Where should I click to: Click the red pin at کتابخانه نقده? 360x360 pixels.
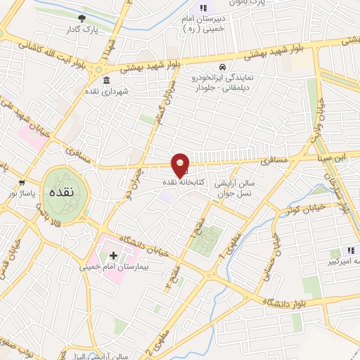[181, 165]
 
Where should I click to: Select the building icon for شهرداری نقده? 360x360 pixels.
[106, 79]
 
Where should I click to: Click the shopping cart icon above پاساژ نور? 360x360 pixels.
[22, 181]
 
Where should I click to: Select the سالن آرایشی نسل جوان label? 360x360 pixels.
[235, 186]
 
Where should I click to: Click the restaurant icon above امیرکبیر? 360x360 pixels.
[350, 251]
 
